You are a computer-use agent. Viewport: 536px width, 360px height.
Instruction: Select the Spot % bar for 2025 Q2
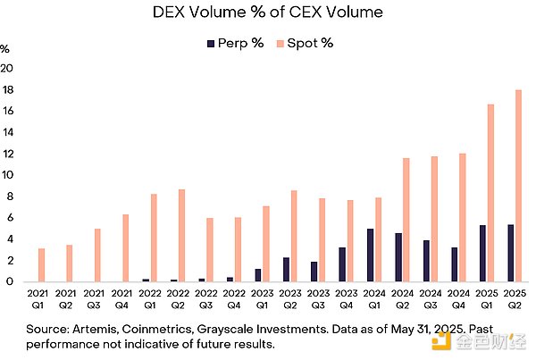[x=518, y=186]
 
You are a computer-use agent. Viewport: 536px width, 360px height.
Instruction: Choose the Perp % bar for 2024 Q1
[x=370, y=255]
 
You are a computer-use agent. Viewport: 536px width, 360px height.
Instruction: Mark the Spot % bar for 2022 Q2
[x=181, y=235]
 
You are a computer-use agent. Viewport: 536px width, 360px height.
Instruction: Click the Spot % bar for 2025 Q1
[x=490, y=193]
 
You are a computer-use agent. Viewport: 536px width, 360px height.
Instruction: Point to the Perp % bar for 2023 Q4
[x=342, y=264]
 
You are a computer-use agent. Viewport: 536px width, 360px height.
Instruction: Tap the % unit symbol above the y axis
[x=4, y=47]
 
